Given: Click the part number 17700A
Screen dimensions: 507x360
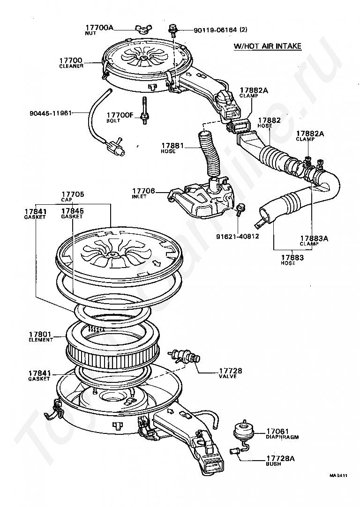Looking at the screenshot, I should point(99,28).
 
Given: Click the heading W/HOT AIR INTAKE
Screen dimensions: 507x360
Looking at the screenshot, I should point(267,46).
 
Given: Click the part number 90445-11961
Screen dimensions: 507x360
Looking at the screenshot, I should point(51,113).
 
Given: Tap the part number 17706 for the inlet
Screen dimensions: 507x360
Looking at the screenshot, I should point(143,190).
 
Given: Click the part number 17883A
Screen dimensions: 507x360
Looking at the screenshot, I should point(314,239).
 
